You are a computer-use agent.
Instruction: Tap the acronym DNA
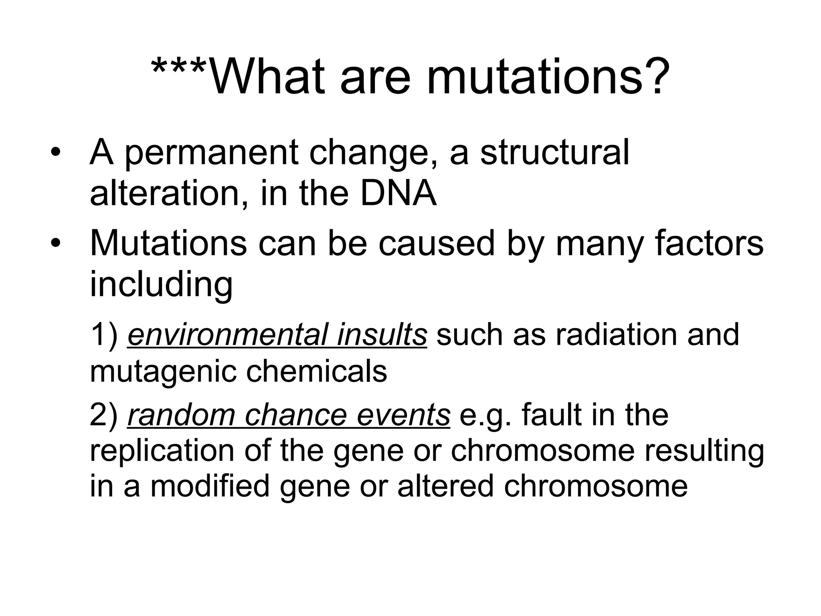click(398, 193)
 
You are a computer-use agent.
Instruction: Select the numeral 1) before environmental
click(103, 334)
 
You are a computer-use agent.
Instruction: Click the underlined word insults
click(382, 334)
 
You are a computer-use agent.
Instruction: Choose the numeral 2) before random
click(103, 415)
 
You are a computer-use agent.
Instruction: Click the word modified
click(210, 486)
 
